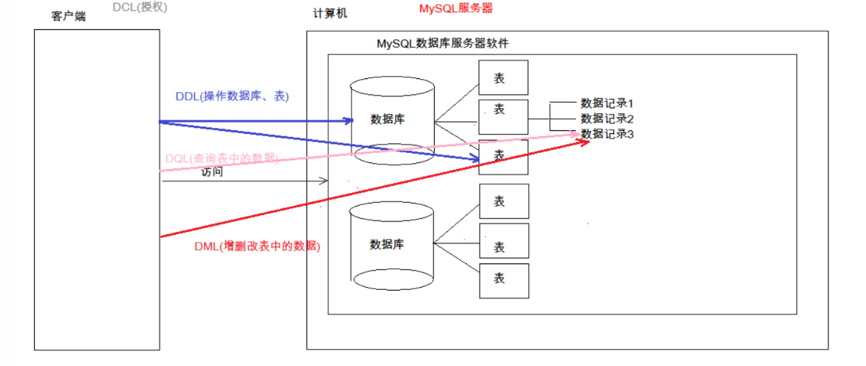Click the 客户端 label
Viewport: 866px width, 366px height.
[x=68, y=16]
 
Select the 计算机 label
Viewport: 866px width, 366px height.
[x=330, y=14]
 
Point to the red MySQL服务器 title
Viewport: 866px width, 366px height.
[x=455, y=9]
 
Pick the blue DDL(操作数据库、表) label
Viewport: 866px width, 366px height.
[x=232, y=96]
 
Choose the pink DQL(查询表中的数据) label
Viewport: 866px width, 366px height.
[x=222, y=158]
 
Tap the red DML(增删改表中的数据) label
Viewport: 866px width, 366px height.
[x=257, y=247]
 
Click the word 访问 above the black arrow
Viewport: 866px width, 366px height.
[x=212, y=172]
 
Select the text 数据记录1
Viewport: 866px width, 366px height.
[x=607, y=104]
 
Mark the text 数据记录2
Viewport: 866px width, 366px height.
[x=607, y=118]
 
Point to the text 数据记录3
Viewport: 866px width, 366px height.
[x=607, y=133]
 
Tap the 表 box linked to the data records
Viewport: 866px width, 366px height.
[x=503, y=117]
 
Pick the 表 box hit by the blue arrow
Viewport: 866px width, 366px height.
[x=503, y=157]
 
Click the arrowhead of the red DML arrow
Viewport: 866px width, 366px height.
[x=585, y=142]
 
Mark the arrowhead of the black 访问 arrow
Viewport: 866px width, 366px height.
[x=324, y=181]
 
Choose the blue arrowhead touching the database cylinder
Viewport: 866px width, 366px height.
[x=349, y=121]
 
